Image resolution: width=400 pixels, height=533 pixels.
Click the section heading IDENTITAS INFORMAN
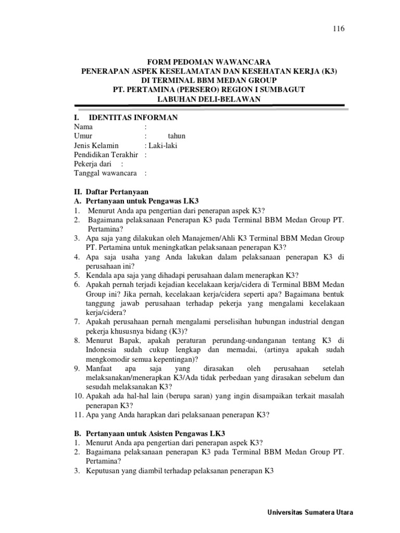(x=133, y=117)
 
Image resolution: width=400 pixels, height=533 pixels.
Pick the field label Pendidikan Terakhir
(x=107, y=155)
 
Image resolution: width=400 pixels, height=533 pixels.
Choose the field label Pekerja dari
(x=94, y=164)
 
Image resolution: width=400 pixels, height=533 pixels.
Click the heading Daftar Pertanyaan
(x=117, y=192)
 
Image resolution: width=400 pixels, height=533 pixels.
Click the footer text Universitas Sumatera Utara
(x=309, y=512)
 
